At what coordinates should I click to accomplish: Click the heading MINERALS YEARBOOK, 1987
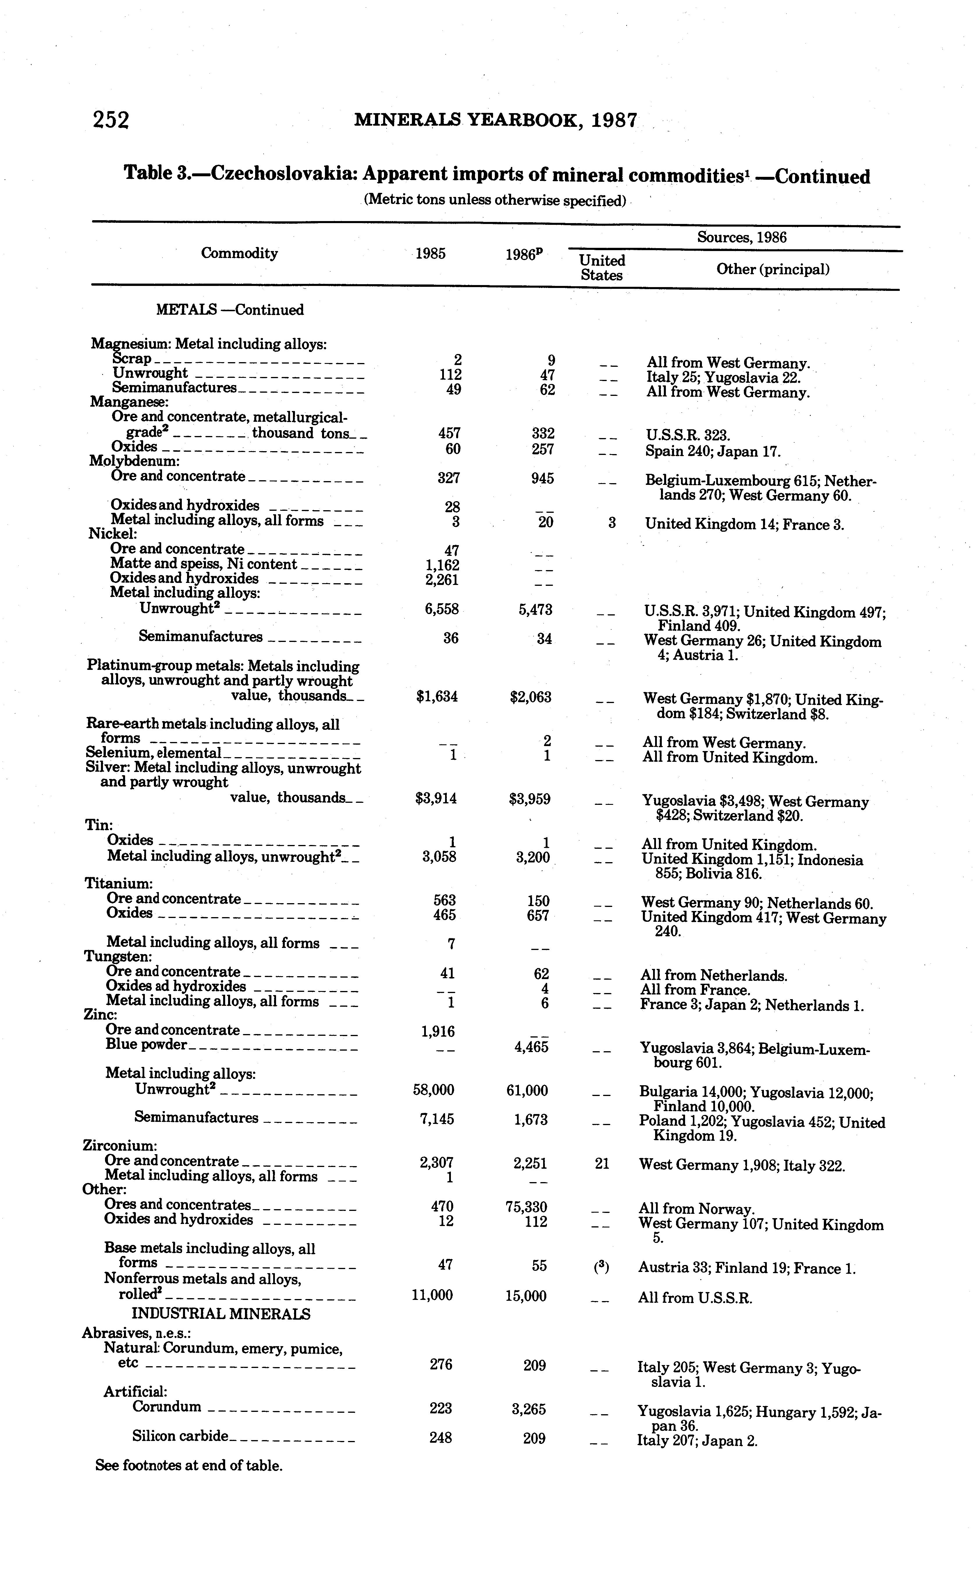tap(496, 120)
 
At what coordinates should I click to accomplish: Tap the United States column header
tap(602, 268)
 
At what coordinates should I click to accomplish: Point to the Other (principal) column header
tap(773, 269)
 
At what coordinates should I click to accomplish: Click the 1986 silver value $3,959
tap(530, 799)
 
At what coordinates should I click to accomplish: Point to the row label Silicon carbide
tap(180, 1436)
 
